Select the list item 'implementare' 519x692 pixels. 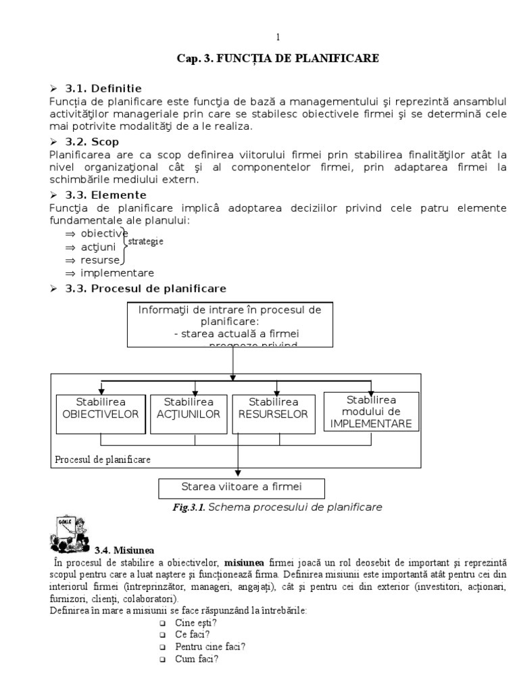117,273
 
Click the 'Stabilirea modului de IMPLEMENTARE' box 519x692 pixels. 371,411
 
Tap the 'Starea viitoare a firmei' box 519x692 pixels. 241,487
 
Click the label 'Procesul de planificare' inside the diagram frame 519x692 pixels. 102,460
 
